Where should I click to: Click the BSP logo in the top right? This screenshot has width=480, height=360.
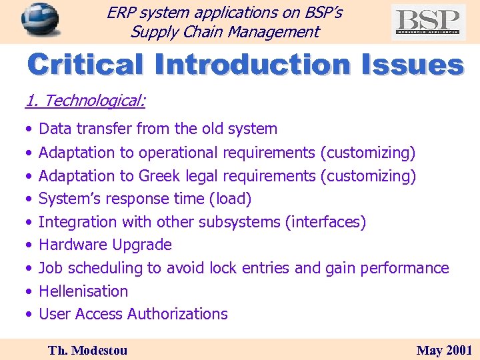pyautogui.click(x=428, y=21)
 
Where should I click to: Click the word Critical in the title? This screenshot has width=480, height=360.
pyautogui.click(x=85, y=65)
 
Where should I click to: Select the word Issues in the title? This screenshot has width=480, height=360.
pyautogui.click(x=412, y=65)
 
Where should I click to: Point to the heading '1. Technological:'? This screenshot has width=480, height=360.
pyautogui.click(x=85, y=101)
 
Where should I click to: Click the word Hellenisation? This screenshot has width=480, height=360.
pyautogui.click(x=83, y=291)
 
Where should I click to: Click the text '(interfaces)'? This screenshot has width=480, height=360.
pyautogui.click(x=325, y=222)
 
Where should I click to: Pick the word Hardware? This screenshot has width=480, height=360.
pyautogui.click(x=70, y=245)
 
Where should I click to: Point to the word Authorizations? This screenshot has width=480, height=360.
pyautogui.click(x=177, y=314)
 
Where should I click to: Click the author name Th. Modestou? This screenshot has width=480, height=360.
pyautogui.click(x=87, y=350)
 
